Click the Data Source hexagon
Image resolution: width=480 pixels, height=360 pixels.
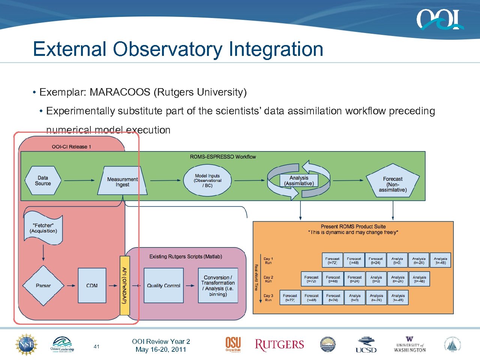tap(43, 181)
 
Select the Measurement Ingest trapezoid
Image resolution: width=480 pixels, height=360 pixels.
tap(122, 182)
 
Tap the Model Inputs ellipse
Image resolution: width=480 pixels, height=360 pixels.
tap(207, 181)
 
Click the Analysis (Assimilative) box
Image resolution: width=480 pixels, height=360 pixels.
tap(299, 181)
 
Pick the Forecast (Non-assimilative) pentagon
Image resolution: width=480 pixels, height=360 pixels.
tap(393, 182)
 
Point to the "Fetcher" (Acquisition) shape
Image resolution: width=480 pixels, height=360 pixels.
tap(43, 229)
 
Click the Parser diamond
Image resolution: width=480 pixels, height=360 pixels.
tap(43, 285)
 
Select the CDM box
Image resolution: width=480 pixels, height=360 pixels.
tap(92, 285)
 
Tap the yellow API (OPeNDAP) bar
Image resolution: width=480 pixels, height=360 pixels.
tap(124, 285)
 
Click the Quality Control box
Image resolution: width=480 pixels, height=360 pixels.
tap(163, 285)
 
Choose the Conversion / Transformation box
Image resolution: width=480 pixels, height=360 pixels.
tap(218, 285)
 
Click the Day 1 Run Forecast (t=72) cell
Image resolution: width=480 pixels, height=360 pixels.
tap(332, 260)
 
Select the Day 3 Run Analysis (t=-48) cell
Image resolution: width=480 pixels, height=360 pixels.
tap(398, 298)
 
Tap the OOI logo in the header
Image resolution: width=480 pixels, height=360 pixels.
tap(439, 19)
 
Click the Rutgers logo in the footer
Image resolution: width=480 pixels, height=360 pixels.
tap(279, 345)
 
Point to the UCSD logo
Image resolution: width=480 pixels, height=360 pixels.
tap(366, 345)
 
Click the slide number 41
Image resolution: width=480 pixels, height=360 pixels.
tap(96, 346)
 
